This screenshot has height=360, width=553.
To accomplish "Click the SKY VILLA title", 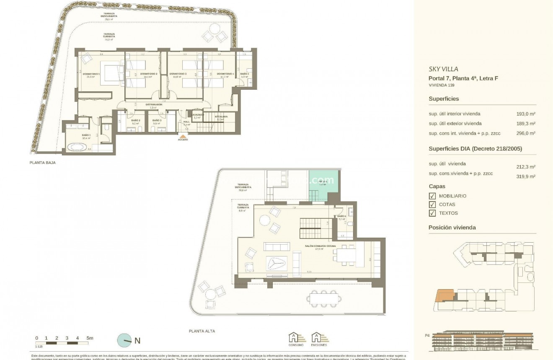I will coord(443,69).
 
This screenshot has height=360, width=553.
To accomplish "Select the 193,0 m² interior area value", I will coord(526,114).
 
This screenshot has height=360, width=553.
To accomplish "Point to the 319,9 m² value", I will coord(526,177).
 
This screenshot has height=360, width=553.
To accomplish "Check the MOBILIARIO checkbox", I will coord(432,196).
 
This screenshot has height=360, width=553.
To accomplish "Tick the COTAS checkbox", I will coord(432,205).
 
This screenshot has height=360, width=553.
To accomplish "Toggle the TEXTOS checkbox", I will coord(432,213).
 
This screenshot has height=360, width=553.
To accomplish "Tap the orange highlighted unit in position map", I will coord(444,295).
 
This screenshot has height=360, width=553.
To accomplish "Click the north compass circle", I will coord(124,341).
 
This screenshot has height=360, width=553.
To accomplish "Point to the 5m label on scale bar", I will coord(90,338).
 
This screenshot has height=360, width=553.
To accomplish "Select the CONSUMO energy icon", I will coord(295,338).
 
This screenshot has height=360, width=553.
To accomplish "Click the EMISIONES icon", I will coord(319,338).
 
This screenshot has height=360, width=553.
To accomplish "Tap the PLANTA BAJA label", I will coord(42,163).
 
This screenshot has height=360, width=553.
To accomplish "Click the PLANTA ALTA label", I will coord(202,331).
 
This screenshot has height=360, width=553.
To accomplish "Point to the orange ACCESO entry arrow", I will coord(183,136).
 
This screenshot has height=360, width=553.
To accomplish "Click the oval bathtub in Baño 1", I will coord(77,148).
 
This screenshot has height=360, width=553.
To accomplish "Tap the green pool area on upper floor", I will coord(323,184).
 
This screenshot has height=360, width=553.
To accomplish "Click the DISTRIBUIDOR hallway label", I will coord(153,104).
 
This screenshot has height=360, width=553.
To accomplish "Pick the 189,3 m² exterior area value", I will coord(526,124).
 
